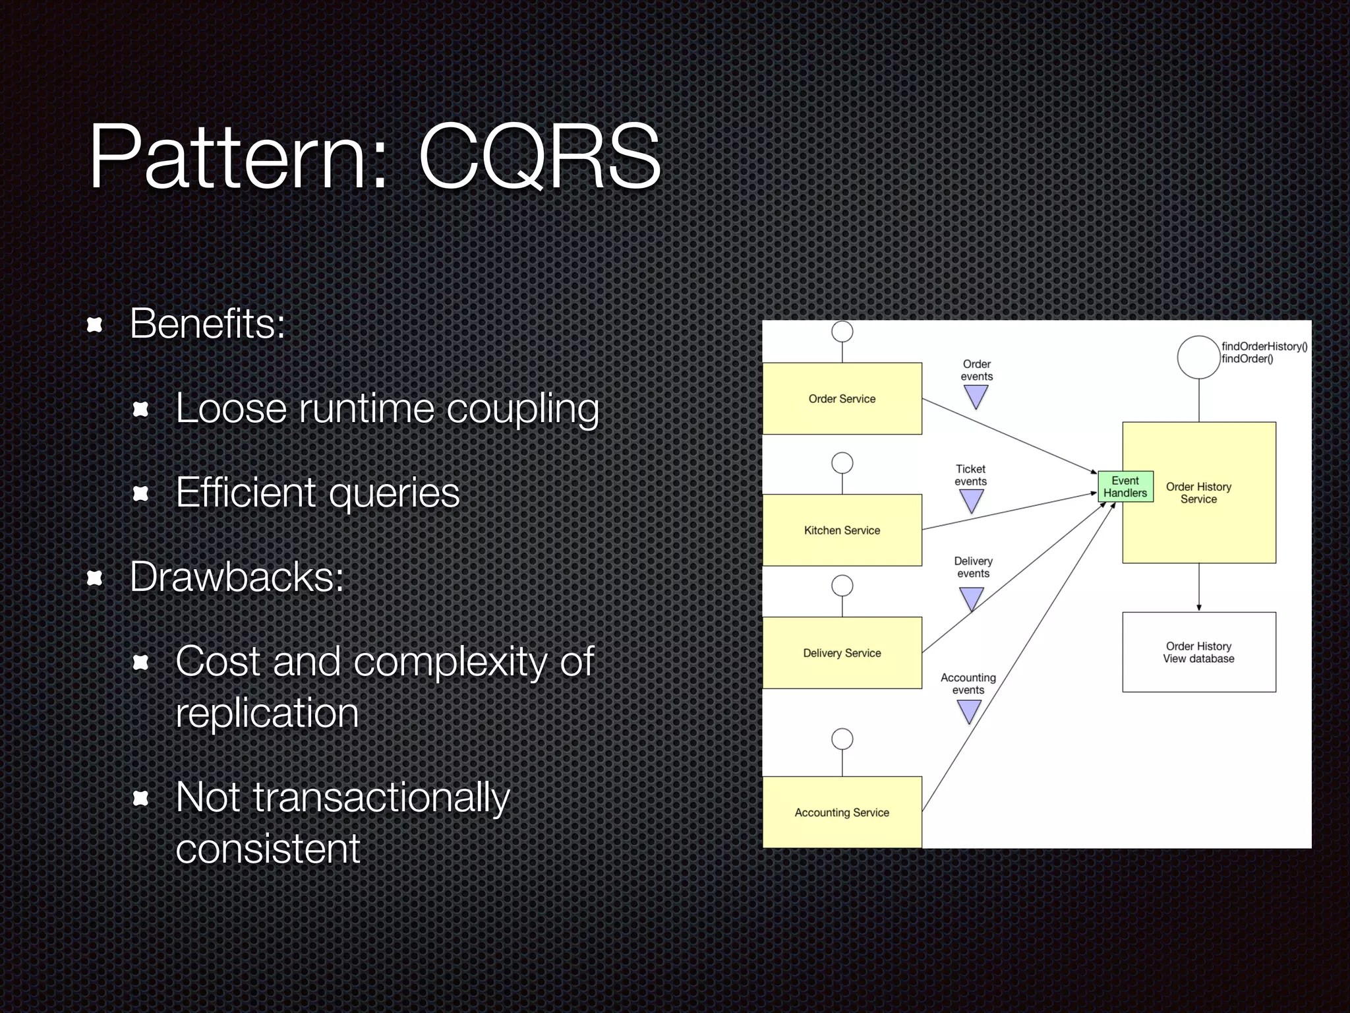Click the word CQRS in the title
539,157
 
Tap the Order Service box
842,398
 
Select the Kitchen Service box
842,530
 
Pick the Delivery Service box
842,653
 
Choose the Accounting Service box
842,813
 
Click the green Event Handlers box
1125,487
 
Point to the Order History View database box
1198,652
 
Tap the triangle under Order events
976,396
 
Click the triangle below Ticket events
972,501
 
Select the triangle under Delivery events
972,598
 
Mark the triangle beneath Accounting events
969,711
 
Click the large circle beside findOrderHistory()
1198,357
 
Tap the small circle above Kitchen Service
842,463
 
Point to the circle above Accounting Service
842,739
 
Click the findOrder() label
1247,359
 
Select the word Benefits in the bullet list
207,324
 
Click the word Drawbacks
237,577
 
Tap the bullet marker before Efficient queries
140,493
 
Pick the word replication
267,713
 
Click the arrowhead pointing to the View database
1198,607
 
